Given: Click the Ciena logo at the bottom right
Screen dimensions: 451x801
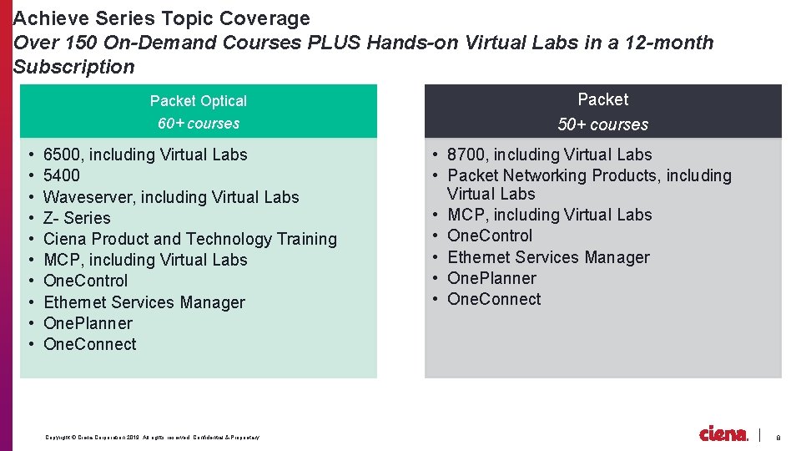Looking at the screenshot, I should pos(723,433).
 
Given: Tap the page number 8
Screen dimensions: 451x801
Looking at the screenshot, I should pos(778,438).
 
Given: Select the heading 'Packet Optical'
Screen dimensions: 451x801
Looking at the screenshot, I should pos(199,101).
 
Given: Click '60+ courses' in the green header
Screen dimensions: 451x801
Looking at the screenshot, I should pos(199,124).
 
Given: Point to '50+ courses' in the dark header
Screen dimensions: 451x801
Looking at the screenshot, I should pos(602,124).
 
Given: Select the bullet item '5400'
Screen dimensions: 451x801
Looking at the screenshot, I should pos(62,175).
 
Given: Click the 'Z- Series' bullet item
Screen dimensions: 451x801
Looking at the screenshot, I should pos(77,218).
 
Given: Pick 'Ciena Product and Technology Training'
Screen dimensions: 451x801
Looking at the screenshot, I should pos(190,239).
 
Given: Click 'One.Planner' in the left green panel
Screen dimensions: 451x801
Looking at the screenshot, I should pos(88,323).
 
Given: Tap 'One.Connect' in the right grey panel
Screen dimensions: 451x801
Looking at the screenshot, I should pos(494,299).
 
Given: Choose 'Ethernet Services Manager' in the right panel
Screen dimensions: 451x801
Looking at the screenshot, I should pos(548,257).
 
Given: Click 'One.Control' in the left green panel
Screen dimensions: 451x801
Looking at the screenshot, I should pos(85,281).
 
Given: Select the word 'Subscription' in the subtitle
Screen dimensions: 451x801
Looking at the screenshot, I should pos(74,67).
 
